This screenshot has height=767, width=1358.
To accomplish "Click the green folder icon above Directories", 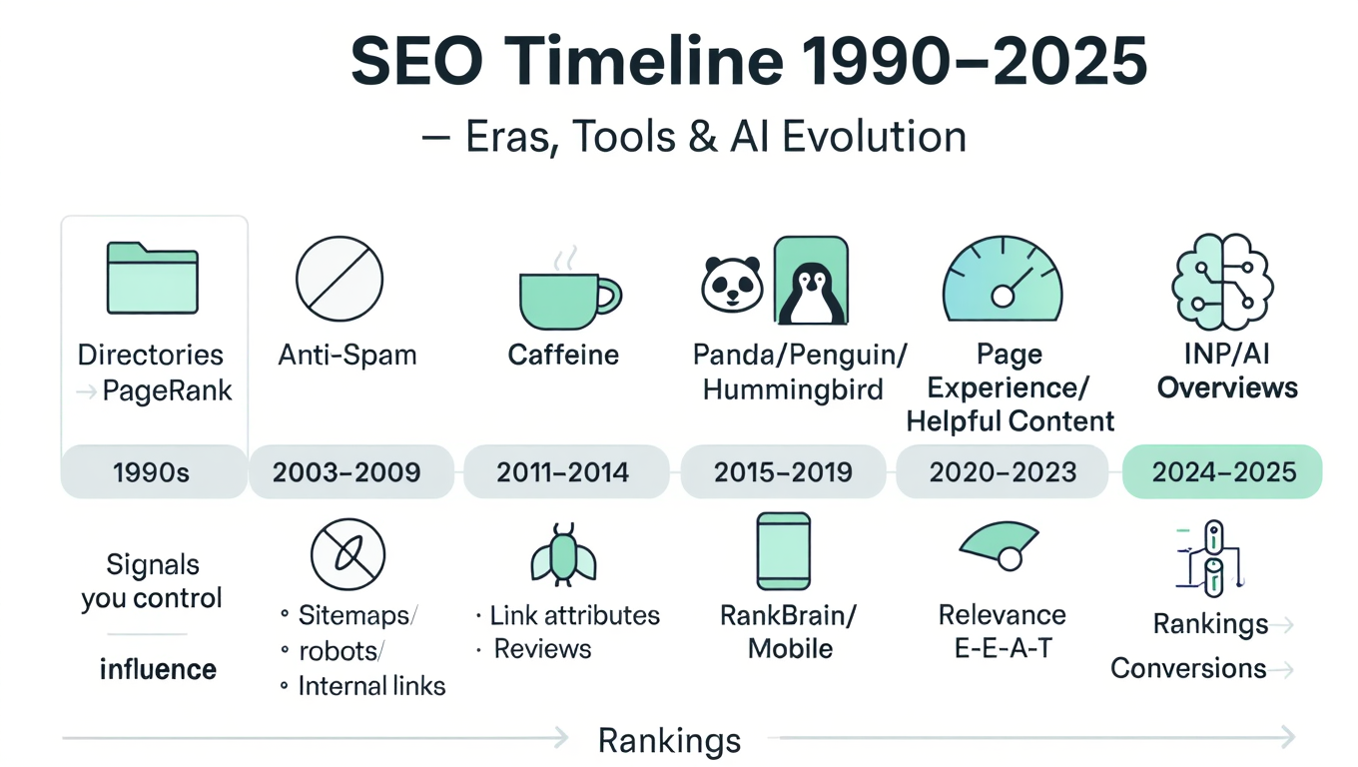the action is (152, 278).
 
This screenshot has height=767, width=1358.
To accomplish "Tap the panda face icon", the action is (732, 284).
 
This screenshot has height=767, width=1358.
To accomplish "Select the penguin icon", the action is (811, 281).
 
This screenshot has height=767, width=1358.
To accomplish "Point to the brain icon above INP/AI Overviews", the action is (1222, 281).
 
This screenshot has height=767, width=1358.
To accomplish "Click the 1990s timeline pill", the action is (154, 471).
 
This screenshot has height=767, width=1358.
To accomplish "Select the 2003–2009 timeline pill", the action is (351, 471).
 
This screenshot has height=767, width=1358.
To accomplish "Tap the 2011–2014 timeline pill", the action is (566, 471).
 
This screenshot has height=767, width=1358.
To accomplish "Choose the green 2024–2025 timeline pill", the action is (1222, 471).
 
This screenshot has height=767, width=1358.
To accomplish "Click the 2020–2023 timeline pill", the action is (1003, 471).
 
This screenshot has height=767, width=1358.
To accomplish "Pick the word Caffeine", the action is (563, 355).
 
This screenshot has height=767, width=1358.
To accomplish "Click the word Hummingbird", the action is (793, 389).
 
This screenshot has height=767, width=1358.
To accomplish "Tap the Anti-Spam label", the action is (347, 356).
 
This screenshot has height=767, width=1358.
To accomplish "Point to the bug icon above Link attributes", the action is (563, 555).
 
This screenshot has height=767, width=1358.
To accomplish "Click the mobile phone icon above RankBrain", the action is (783, 551).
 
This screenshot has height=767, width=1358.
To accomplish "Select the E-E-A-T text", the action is (1003, 649).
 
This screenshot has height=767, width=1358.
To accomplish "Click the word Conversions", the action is (1188, 669).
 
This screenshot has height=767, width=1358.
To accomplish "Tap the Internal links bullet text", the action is (371, 686).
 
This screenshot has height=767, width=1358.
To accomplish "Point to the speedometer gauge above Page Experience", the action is (1003, 279).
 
